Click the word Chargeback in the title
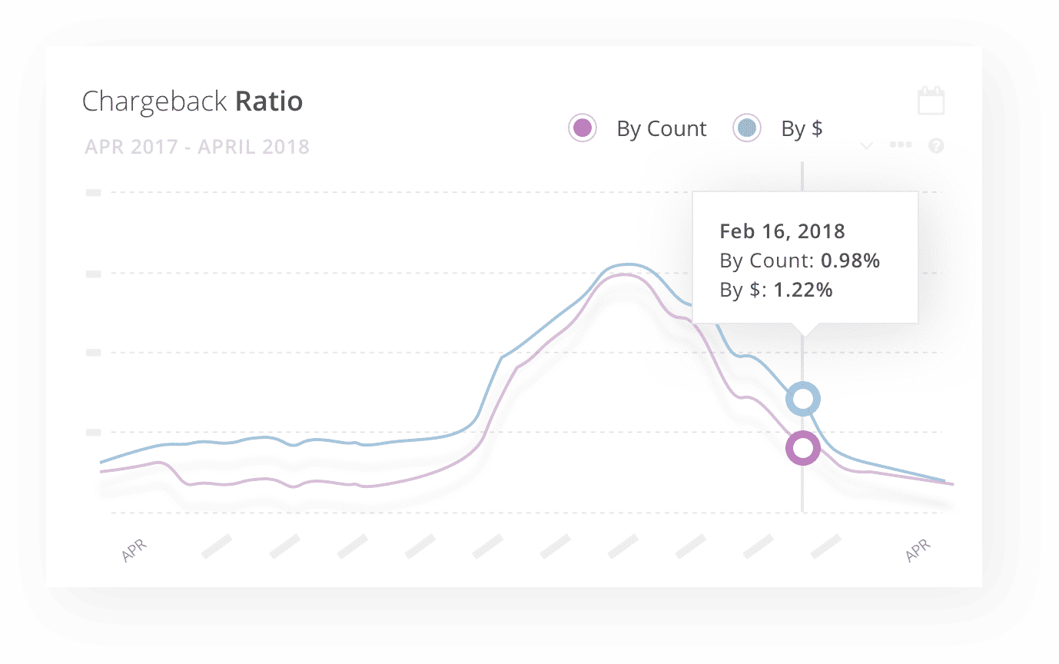(154, 101)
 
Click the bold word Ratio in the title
(269, 101)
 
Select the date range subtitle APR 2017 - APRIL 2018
(197, 147)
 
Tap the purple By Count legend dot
(582, 128)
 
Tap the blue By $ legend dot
(746, 128)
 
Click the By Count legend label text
(662, 128)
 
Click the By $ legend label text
(802, 128)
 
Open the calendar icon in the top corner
(931, 100)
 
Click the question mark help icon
(936, 146)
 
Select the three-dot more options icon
(901, 144)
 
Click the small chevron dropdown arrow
(866, 146)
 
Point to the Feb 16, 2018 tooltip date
(782, 231)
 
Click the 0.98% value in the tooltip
(850, 261)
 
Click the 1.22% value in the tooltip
(803, 290)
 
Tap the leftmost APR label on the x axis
(134, 550)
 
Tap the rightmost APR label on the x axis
(918, 550)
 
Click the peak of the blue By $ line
(627, 264)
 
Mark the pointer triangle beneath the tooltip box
(803, 330)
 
